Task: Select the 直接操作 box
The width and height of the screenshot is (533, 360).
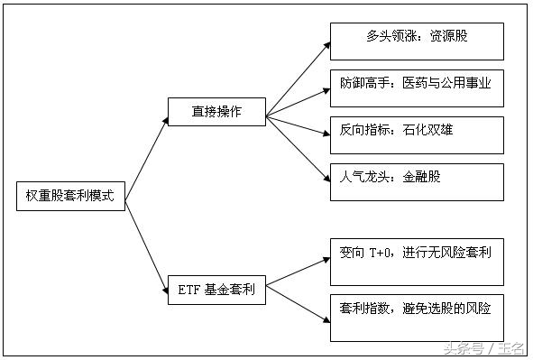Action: (216, 112)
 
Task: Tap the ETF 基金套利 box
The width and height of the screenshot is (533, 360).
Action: (216, 290)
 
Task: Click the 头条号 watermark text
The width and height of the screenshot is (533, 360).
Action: (463, 346)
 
